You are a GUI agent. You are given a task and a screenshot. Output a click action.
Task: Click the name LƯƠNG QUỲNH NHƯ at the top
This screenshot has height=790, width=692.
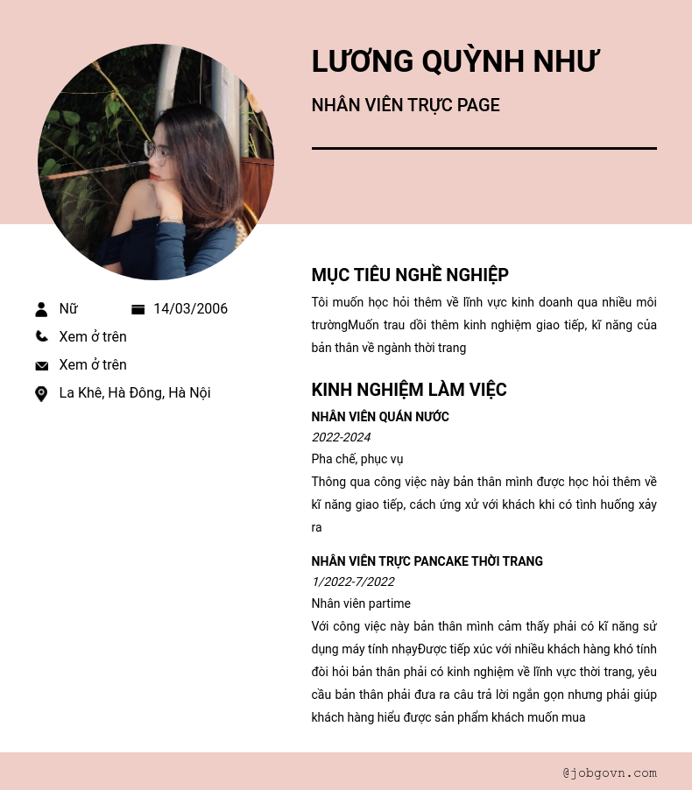(455, 62)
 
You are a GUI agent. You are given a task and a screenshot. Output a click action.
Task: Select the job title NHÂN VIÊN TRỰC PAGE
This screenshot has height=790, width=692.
(406, 106)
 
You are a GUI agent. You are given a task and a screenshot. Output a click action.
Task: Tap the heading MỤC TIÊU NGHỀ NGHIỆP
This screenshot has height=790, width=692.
(410, 275)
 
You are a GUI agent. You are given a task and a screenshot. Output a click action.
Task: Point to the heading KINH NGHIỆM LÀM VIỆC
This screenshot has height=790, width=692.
(409, 390)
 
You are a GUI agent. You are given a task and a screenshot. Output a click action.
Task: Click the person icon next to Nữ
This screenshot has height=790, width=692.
(41, 309)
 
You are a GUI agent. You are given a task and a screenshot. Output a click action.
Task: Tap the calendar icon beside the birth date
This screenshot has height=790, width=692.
(138, 309)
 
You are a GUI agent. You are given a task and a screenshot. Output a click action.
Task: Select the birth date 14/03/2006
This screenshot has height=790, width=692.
(190, 309)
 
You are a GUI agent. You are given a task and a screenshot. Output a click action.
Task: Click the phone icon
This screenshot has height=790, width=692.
(41, 336)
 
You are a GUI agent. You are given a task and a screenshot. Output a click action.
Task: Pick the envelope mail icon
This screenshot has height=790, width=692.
(41, 365)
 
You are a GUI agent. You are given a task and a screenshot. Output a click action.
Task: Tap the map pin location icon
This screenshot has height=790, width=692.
(41, 394)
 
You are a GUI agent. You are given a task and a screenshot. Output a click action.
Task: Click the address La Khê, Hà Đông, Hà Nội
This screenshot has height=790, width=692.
(135, 393)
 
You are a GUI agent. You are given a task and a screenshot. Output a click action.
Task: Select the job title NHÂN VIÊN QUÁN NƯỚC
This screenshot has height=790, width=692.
(380, 417)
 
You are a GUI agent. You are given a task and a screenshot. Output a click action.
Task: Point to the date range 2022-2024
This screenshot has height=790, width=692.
(341, 437)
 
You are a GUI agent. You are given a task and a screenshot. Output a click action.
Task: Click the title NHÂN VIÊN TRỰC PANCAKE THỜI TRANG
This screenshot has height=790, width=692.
(427, 561)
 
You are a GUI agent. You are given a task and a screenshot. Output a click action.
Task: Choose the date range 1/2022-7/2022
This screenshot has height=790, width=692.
(353, 582)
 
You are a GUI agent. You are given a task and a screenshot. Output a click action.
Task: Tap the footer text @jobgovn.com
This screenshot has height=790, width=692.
(610, 772)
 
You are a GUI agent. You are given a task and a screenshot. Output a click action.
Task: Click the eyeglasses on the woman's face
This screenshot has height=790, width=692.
(156, 152)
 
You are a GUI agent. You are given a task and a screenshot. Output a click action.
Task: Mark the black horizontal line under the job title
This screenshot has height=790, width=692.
(484, 149)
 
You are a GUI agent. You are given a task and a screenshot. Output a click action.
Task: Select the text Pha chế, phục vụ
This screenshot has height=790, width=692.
(357, 459)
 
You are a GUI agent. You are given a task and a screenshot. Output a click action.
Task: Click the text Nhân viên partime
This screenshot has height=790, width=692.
(361, 603)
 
